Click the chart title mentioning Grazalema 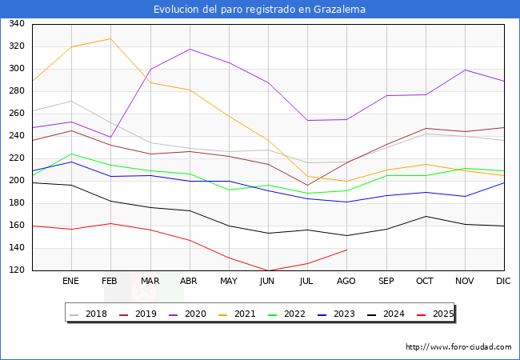pyautogui.click(x=260, y=10)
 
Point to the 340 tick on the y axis pyautogui.click(x=15, y=24)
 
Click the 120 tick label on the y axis pyautogui.click(x=15, y=270)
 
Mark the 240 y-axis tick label pyautogui.click(x=15, y=136)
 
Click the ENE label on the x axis pyautogui.click(x=71, y=282)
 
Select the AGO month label pyautogui.click(x=346, y=282)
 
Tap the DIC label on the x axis pyautogui.click(x=503, y=282)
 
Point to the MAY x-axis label pyautogui.click(x=229, y=282)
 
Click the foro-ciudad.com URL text pyautogui.click(x=458, y=347)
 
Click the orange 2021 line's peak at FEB pyautogui.click(x=110, y=38)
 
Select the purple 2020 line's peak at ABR pyautogui.click(x=190, y=49)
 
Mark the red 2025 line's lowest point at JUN pyautogui.click(x=268, y=271)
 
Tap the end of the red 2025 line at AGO pyautogui.click(x=346, y=250)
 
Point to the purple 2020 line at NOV pyautogui.click(x=464, y=70)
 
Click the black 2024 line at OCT pyautogui.click(x=425, y=216)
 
